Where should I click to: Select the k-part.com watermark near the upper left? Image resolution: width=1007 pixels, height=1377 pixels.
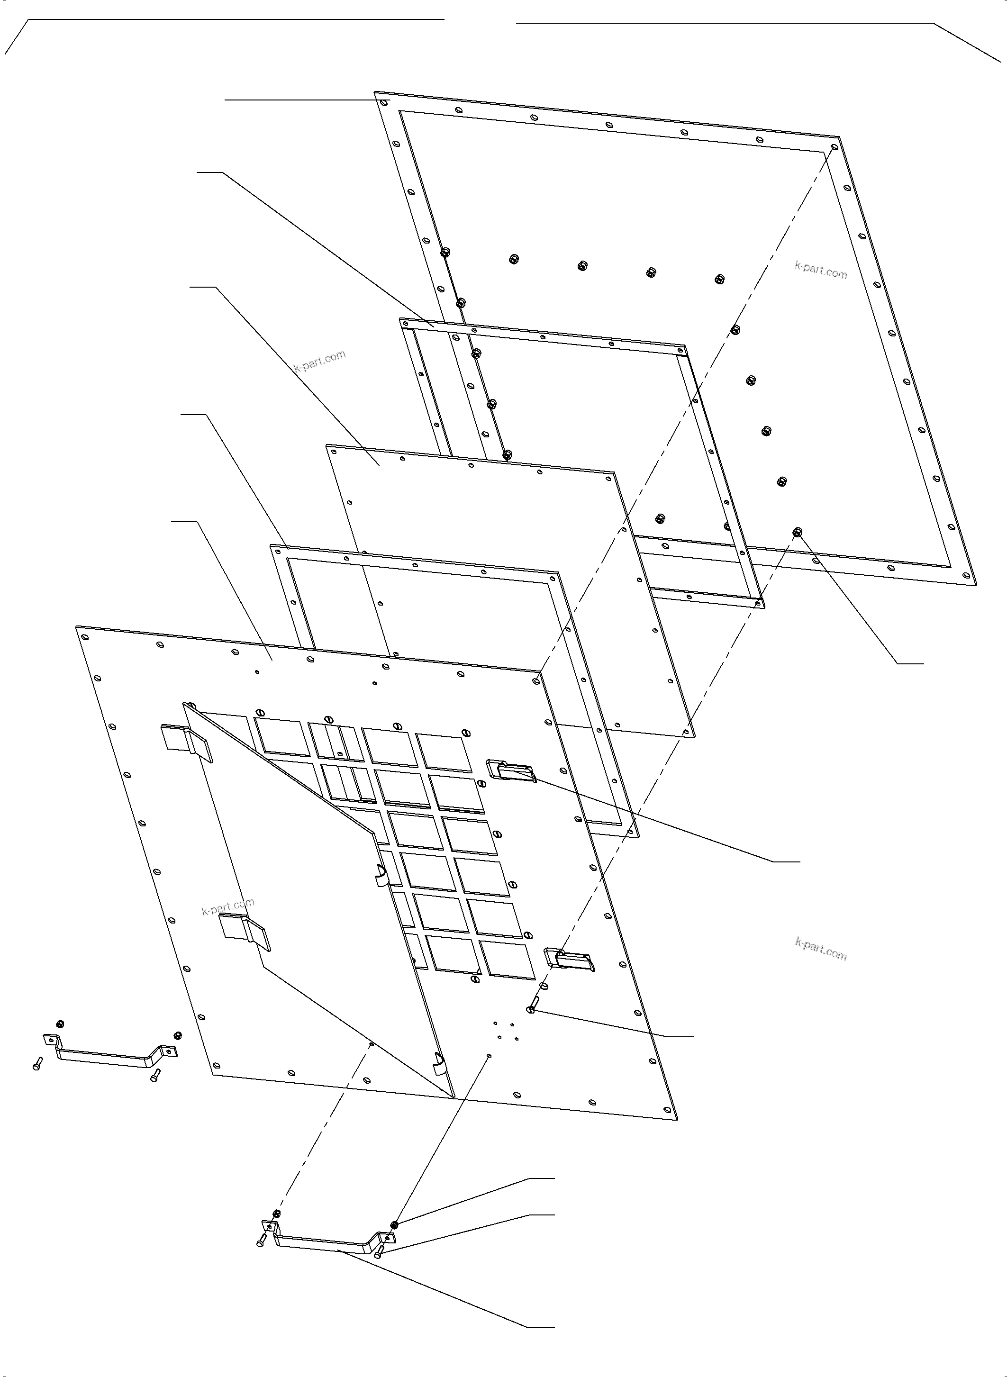319,361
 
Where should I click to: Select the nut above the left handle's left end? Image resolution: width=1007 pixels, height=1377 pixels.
60,1023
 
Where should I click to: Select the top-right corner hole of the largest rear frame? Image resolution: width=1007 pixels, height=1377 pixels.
835,147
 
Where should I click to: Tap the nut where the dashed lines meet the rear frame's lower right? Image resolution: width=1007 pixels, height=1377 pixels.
797,533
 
